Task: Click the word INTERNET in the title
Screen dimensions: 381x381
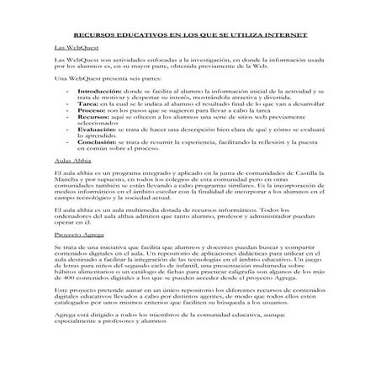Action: [283, 36]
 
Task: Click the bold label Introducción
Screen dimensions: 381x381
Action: [99, 88]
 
